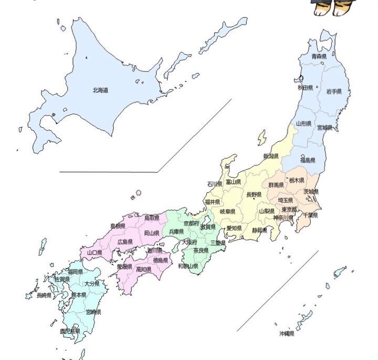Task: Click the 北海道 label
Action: (100, 90)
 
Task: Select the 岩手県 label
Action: (334, 91)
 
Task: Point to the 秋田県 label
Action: (305, 88)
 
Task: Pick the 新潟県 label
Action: (271, 156)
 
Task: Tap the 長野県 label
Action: (254, 194)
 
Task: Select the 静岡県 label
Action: (259, 230)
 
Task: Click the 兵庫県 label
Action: (176, 231)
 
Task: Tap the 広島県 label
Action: (125, 242)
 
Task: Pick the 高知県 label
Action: (144, 270)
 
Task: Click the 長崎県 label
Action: (44, 295)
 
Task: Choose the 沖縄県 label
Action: (287, 334)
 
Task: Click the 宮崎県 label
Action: (93, 312)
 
